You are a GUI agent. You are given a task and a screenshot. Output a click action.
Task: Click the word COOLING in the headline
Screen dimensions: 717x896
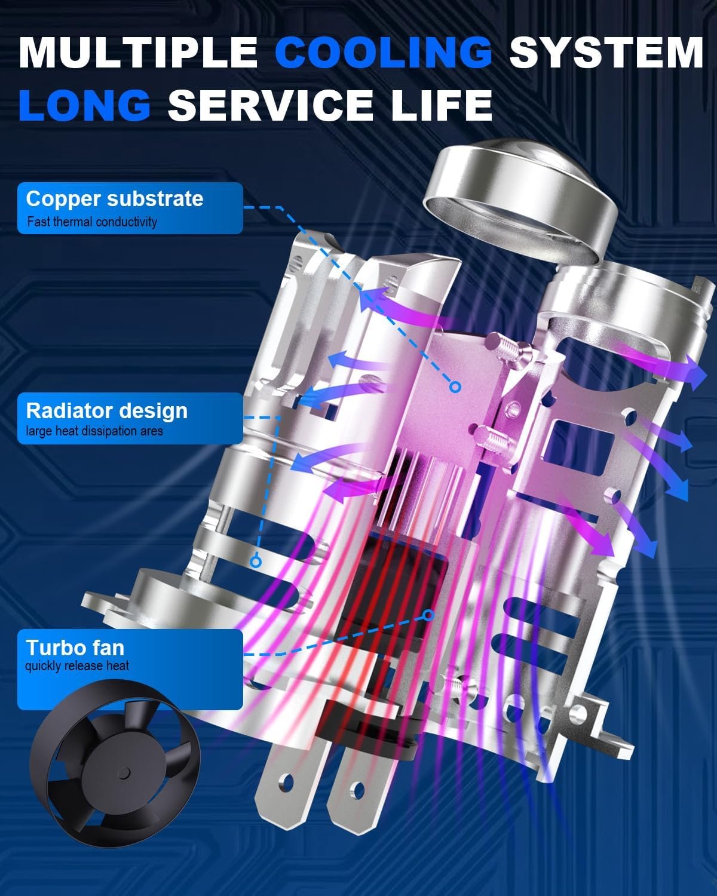tap(383, 52)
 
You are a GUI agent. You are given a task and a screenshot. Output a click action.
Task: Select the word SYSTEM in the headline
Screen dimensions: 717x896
tap(606, 52)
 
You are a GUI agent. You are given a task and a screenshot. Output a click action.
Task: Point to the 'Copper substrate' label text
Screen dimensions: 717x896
tap(115, 199)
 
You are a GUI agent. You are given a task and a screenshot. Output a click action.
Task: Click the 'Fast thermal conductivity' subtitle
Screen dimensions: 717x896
tap(92, 222)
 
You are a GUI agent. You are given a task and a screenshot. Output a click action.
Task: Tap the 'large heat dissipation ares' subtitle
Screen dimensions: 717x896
tap(94, 431)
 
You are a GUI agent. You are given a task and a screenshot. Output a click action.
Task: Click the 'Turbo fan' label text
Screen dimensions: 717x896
tap(75, 648)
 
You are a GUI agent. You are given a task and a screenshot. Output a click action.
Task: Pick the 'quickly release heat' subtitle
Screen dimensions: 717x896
tap(77, 666)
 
